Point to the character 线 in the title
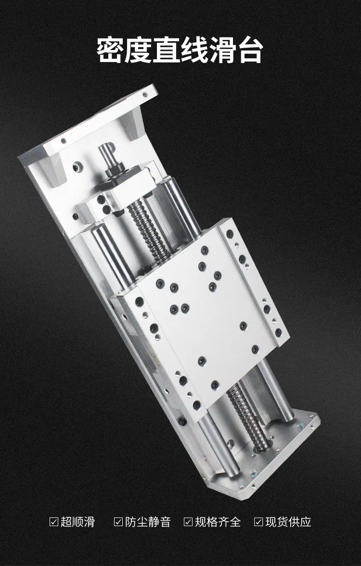click(193, 50)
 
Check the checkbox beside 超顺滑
click(54, 522)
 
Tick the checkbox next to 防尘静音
click(118, 522)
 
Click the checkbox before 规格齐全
click(188, 522)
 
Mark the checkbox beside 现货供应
click(258, 522)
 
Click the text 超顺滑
click(77, 522)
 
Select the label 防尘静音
click(148, 522)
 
